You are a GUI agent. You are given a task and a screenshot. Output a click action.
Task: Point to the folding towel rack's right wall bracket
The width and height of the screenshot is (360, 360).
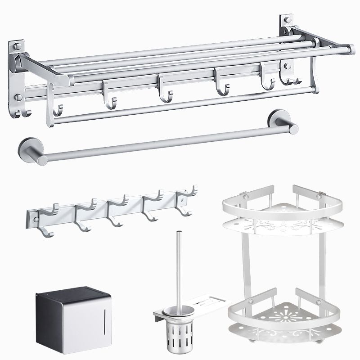point(287,49)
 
